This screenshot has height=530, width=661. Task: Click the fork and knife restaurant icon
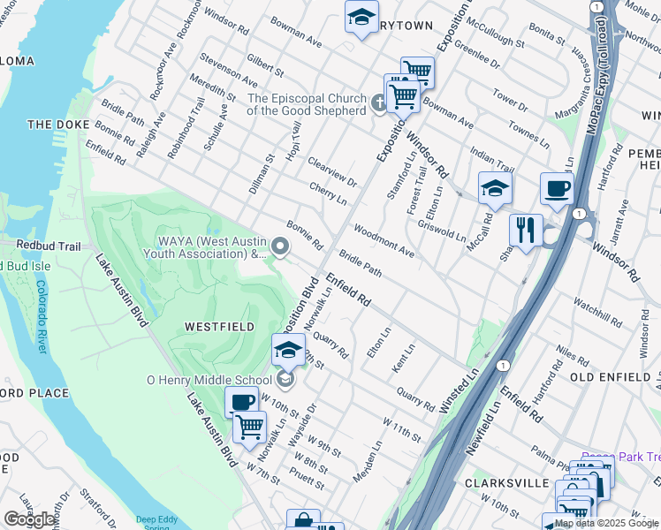526,231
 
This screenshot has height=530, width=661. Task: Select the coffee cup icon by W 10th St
241,403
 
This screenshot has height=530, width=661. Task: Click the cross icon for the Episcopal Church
378,105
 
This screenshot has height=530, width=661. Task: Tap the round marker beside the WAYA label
281,248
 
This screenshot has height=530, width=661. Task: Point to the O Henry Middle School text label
210,380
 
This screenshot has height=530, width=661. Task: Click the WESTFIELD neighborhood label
219,327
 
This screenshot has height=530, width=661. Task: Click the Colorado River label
41,316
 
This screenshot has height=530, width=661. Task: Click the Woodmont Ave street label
384,241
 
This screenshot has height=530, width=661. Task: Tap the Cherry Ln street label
328,193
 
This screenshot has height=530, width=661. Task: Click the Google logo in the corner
30,519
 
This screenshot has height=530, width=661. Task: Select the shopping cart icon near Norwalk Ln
249,428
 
